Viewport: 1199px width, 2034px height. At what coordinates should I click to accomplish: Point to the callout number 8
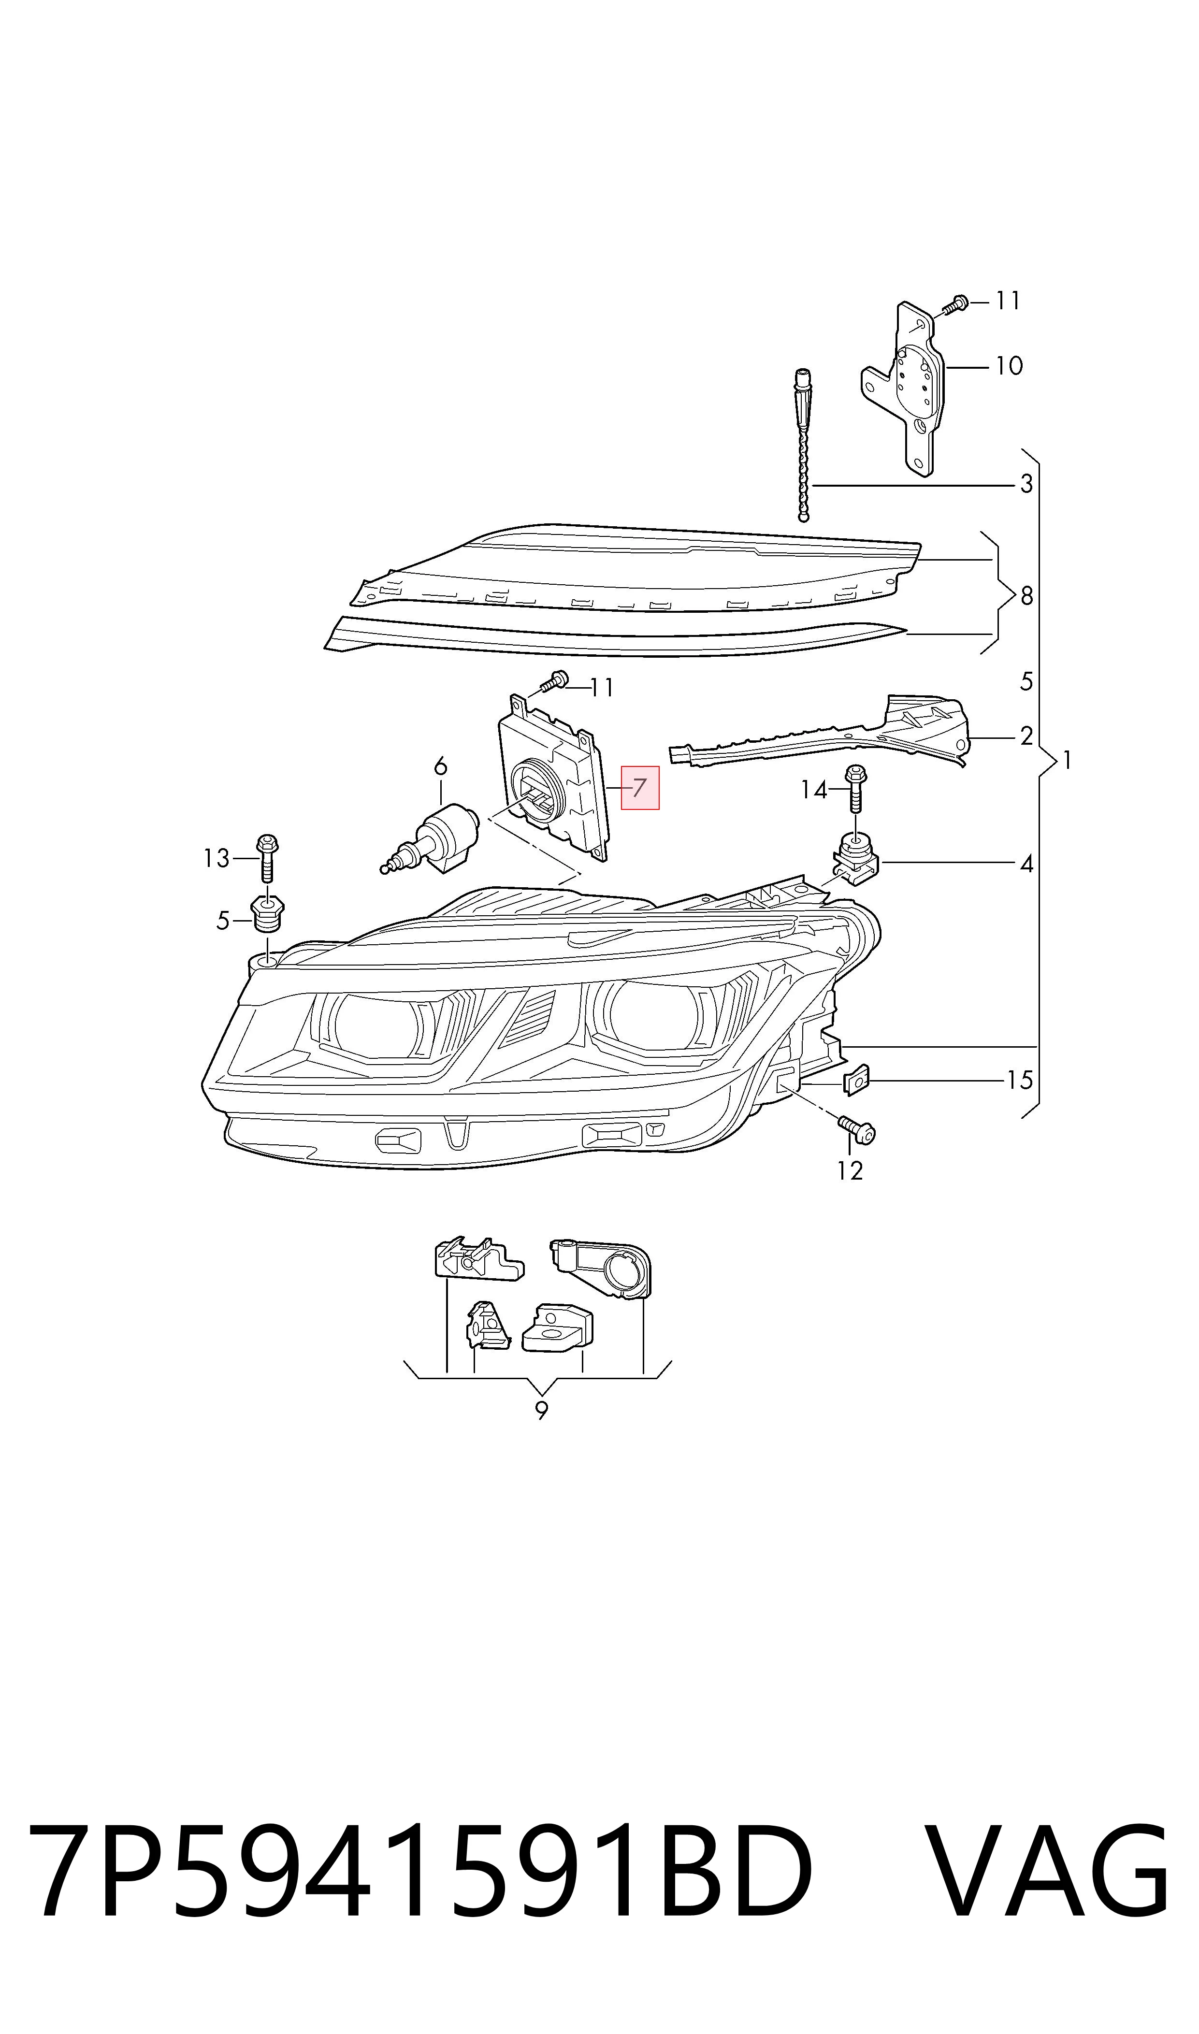(1026, 596)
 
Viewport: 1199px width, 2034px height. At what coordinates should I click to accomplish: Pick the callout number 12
(850, 1170)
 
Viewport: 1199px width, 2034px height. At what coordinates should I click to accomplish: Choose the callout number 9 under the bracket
(541, 1411)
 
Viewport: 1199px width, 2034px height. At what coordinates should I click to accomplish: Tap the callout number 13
(217, 858)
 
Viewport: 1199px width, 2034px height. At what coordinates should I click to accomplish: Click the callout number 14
(814, 789)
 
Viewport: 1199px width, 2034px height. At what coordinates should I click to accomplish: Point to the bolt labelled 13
(267, 857)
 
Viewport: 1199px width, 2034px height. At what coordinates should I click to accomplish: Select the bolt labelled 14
(855, 788)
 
